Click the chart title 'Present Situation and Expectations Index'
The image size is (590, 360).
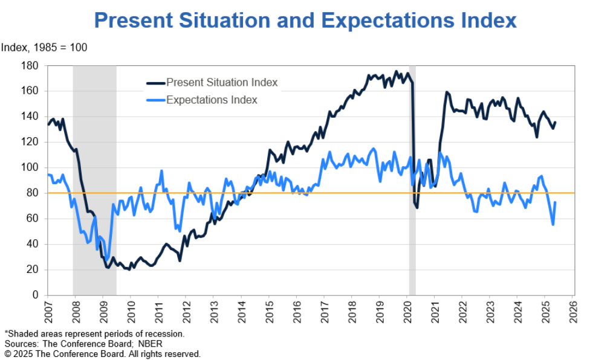click(305, 21)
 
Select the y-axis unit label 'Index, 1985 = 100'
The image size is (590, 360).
click(44, 48)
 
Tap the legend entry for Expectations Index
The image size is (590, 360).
click(212, 100)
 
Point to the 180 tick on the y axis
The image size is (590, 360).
click(30, 65)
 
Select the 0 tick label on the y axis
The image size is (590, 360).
click(35, 295)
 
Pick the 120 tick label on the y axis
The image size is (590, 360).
click(30, 142)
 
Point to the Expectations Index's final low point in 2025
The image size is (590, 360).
click(553, 225)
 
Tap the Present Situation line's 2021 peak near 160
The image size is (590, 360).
click(447, 92)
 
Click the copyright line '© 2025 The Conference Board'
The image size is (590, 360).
click(102, 353)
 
